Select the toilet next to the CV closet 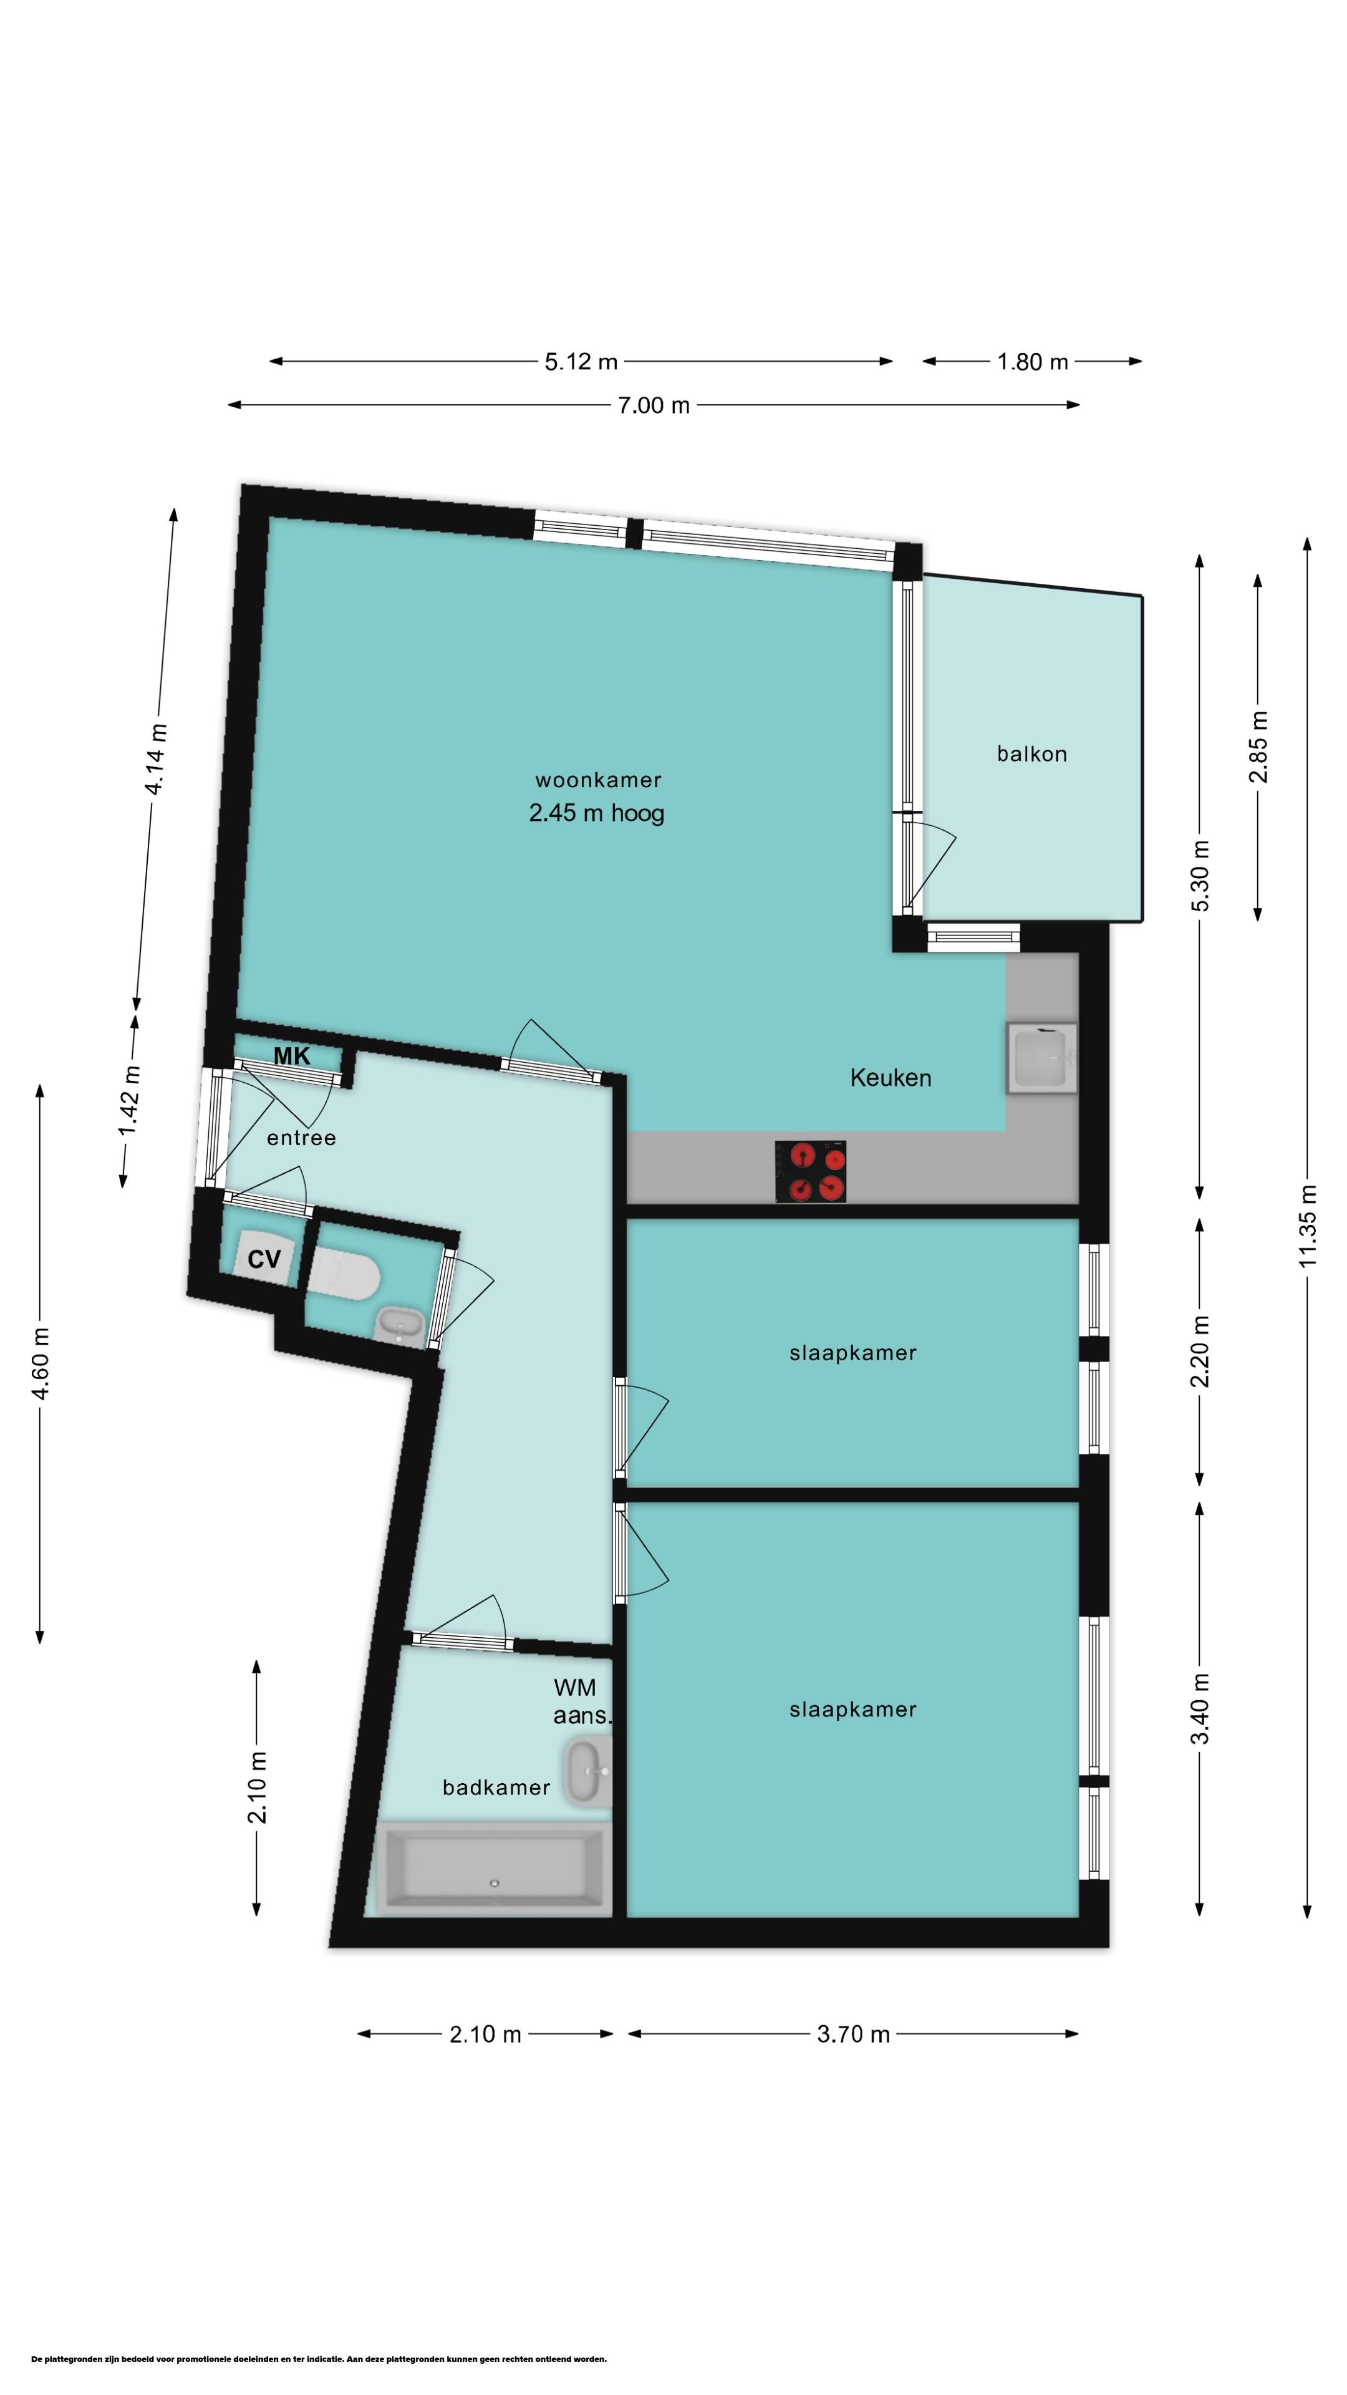tap(344, 1273)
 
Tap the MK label tap(292, 1056)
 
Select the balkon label tap(1032, 754)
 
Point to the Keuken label tap(891, 1078)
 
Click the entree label tap(301, 1138)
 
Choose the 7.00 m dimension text tap(654, 405)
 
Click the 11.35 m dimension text tap(1308, 1226)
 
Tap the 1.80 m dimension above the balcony tap(1033, 362)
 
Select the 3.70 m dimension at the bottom tap(853, 2035)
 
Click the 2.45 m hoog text tap(597, 813)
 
